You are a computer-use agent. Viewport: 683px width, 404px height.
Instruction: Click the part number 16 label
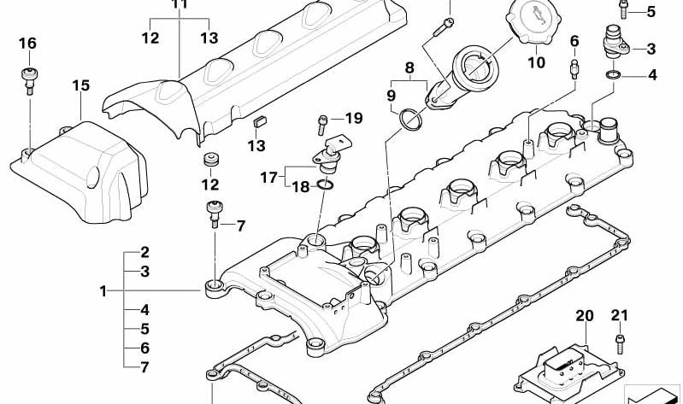pyautogui.click(x=27, y=44)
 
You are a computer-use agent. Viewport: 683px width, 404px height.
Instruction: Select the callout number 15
pyautogui.click(x=80, y=85)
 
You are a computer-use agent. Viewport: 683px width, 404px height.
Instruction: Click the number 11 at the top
pyautogui.click(x=178, y=4)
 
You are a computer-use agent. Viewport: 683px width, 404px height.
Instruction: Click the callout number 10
pyautogui.click(x=535, y=62)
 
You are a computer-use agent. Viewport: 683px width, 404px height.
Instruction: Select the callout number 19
pyautogui.click(x=353, y=118)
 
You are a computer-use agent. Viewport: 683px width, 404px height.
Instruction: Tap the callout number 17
pyautogui.click(x=268, y=178)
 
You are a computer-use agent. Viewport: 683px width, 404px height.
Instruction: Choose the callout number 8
pyautogui.click(x=409, y=67)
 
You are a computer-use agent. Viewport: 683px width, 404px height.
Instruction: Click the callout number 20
pyautogui.click(x=584, y=316)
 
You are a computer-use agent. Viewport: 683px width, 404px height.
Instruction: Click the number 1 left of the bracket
pyautogui.click(x=103, y=291)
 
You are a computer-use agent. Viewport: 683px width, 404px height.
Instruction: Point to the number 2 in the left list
pyautogui.click(x=144, y=253)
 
